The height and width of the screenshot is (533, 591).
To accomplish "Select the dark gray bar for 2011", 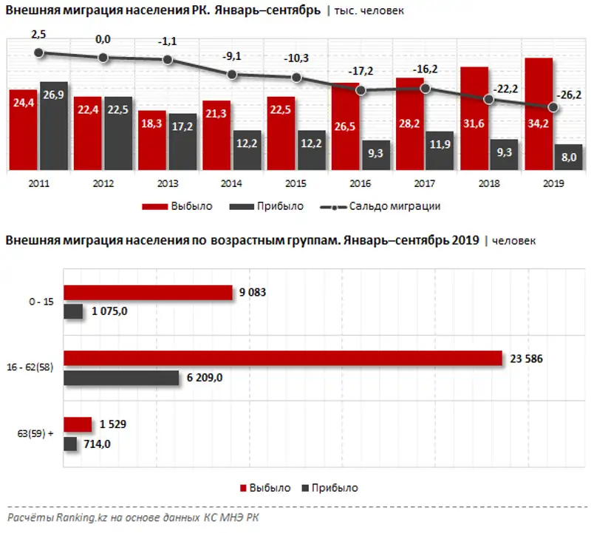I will (54, 126).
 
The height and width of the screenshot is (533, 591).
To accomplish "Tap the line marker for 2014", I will (232, 74).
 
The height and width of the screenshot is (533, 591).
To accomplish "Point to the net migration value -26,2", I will (568, 94).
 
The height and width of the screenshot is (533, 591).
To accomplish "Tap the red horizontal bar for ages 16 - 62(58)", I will (283, 358).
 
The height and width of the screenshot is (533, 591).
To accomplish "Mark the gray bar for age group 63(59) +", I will (71, 444).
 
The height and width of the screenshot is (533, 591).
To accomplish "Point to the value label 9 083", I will (253, 292).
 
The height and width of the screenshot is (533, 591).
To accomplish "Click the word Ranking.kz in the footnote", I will (76, 517).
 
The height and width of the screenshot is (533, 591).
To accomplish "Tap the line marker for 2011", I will (40, 52).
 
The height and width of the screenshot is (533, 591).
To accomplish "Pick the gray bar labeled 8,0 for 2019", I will (568, 157).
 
